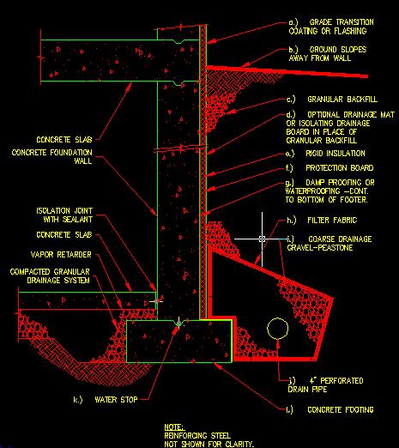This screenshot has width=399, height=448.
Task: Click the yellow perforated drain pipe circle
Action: tap(277, 318)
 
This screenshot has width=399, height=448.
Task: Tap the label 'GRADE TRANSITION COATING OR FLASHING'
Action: tap(331, 27)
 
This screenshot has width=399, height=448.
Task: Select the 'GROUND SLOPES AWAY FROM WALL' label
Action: tap(328, 54)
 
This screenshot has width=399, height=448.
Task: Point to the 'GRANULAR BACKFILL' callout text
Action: tap(332, 100)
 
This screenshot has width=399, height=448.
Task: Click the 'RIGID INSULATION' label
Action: tap(325, 154)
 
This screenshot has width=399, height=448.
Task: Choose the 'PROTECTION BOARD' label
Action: tap(329, 167)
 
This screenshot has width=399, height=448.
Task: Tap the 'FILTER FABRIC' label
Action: tap(322, 221)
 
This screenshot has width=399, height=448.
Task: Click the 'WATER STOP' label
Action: tap(106, 400)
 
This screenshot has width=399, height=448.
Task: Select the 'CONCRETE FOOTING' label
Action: tap(330, 409)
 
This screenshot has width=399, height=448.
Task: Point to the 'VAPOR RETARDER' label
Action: tap(61, 255)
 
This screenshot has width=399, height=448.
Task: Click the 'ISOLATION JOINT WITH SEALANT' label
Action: tap(64, 215)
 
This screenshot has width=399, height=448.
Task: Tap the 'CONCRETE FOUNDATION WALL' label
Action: tap(52, 156)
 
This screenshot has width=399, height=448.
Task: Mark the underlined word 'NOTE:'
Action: tap(174, 427)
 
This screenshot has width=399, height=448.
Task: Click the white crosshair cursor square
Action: tap(262, 239)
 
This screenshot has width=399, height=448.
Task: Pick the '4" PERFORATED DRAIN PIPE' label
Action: tap(325, 384)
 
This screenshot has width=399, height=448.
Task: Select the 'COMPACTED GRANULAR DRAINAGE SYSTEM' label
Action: tap(50, 275)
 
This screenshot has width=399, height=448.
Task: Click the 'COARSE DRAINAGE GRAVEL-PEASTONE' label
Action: tap(329, 243)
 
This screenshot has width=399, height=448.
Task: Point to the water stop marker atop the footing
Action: tap(178, 324)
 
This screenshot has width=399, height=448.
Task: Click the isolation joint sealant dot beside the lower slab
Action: tap(156, 301)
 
